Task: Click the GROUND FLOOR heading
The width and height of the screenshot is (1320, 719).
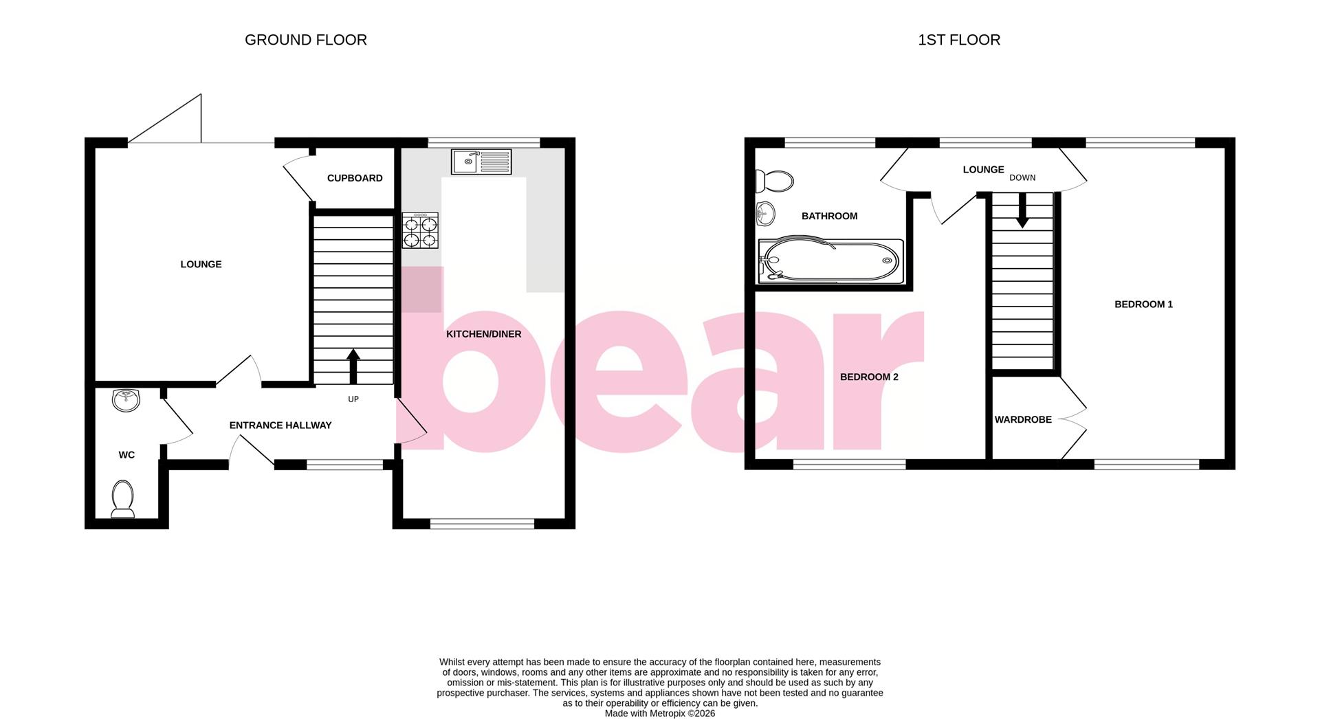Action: click(x=305, y=40)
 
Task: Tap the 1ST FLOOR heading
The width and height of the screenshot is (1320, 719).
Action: click(x=958, y=40)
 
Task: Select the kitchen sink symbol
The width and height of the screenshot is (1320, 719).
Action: click(x=481, y=162)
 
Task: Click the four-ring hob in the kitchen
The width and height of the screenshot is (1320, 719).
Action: click(x=420, y=230)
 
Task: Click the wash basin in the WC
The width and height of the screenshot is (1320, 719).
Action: click(x=126, y=399)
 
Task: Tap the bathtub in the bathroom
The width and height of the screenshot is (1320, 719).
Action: click(x=830, y=261)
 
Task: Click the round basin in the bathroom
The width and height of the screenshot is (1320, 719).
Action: click(x=764, y=214)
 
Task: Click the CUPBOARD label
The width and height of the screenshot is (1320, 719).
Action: click(x=355, y=178)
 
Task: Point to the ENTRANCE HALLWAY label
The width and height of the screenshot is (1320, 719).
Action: click(x=280, y=425)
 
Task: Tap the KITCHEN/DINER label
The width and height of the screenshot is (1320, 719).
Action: click(x=484, y=334)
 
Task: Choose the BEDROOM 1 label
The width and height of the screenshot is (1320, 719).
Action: click(x=1143, y=305)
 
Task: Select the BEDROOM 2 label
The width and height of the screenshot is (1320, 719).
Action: click(x=869, y=377)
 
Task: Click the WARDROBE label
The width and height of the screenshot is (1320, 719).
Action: click(x=1023, y=419)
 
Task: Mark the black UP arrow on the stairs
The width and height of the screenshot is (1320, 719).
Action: click(x=353, y=366)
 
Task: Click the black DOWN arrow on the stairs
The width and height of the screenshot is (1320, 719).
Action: click(x=1022, y=210)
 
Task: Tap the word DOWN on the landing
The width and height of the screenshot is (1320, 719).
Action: click(x=1022, y=177)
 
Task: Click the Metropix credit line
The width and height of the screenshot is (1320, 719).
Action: click(x=659, y=714)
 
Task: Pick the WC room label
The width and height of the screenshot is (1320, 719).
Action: click(x=126, y=455)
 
